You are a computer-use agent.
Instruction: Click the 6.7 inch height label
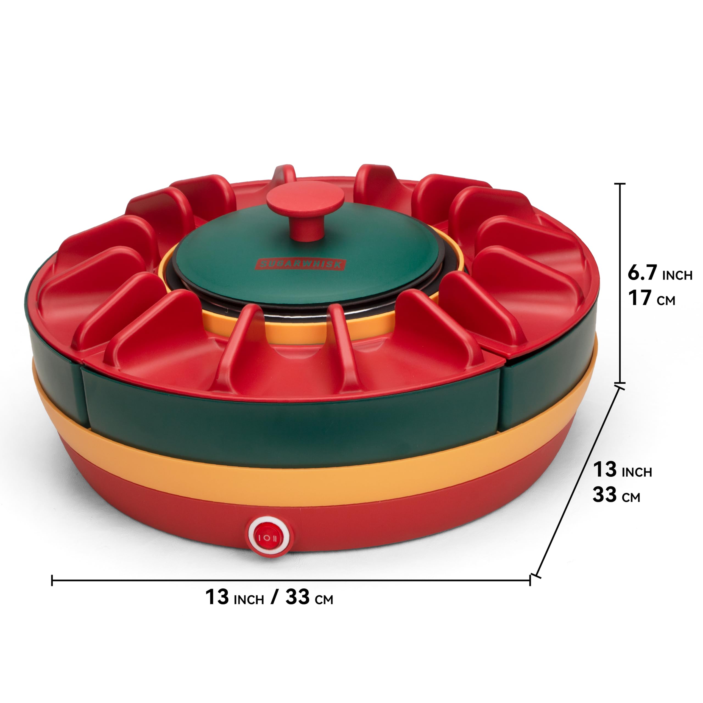[660, 273]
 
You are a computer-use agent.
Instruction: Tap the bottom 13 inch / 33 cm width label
[269, 597]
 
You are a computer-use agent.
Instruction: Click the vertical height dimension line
[620, 283]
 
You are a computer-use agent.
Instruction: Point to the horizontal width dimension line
[291, 580]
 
